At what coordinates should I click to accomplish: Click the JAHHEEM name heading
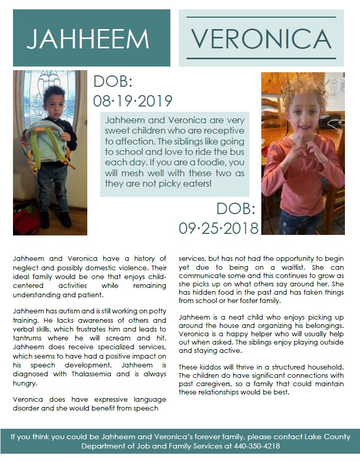88,38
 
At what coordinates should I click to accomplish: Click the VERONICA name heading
261,38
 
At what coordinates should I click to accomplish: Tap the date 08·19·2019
132,100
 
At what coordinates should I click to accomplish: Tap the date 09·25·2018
219,227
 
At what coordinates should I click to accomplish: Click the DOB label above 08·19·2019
113,82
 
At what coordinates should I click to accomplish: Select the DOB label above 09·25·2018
236,209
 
